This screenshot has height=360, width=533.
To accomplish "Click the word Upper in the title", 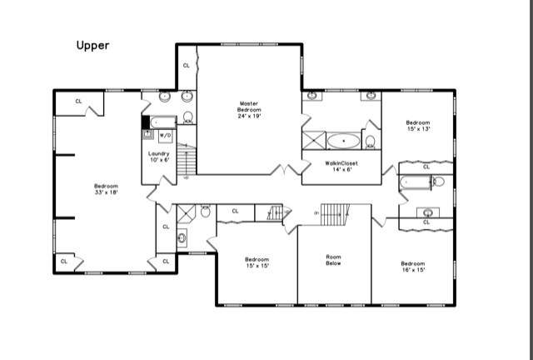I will pyautogui.click(x=92, y=46).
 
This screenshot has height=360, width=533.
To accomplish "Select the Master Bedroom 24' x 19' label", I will pyautogui.click(x=249, y=109).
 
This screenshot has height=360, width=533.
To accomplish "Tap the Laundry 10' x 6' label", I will pyautogui.click(x=159, y=157).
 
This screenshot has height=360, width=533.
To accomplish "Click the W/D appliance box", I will pyautogui.click(x=165, y=134).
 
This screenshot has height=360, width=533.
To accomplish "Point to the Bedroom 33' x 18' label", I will pyautogui.click(x=106, y=189).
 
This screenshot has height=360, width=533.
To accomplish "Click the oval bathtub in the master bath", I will pyautogui.click(x=343, y=140).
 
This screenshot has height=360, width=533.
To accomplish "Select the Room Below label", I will pyautogui.click(x=334, y=261).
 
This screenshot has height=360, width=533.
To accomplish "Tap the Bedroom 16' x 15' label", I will pyautogui.click(x=414, y=267).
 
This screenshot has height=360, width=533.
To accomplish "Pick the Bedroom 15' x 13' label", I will pyautogui.click(x=417, y=125).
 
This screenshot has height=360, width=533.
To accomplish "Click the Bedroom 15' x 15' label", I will pyautogui.click(x=257, y=262).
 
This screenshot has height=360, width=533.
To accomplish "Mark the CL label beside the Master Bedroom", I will pyautogui.click(x=186, y=65).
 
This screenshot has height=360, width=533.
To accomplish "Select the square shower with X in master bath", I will pyautogui.click(x=312, y=139).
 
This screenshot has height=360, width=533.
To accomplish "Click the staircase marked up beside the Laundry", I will pyautogui.click(x=187, y=160).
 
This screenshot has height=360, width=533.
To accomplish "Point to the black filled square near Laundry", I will pyautogui.click(x=146, y=122).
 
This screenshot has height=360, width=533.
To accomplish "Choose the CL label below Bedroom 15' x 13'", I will pyautogui.click(x=426, y=167).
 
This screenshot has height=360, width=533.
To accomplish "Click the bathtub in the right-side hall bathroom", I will pyautogui.click(x=416, y=182).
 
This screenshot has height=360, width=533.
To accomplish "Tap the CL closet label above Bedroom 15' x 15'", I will pyautogui.click(x=236, y=212).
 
